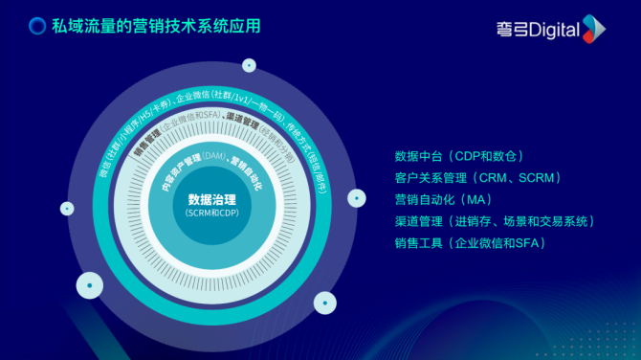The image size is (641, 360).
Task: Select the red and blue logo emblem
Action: [594, 29]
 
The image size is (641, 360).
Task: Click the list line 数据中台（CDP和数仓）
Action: [458, 156]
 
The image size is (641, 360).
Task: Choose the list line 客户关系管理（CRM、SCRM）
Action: [476, 178]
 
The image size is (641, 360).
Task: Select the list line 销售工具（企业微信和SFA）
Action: [469, 244]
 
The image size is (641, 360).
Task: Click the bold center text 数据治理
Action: [211, 200]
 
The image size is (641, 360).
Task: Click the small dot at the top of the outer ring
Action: [249, 66]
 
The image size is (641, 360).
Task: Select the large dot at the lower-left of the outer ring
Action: [89, 284]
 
